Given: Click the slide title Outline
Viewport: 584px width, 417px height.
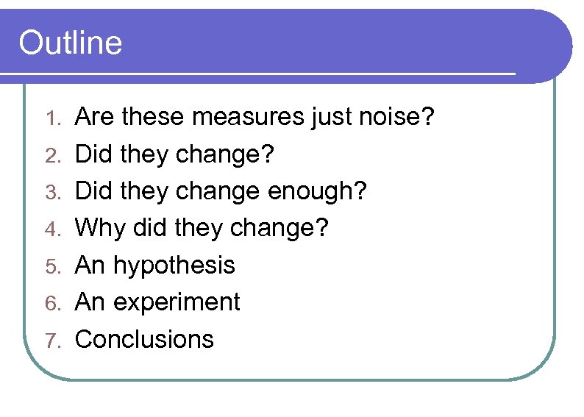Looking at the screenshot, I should (70, 43).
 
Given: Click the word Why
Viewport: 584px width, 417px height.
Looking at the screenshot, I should (101, 228).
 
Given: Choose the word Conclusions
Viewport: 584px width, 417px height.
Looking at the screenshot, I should (145, 340).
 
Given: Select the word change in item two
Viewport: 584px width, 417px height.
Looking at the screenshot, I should (223, 155).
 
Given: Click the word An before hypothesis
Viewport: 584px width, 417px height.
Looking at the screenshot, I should (91, 265).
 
